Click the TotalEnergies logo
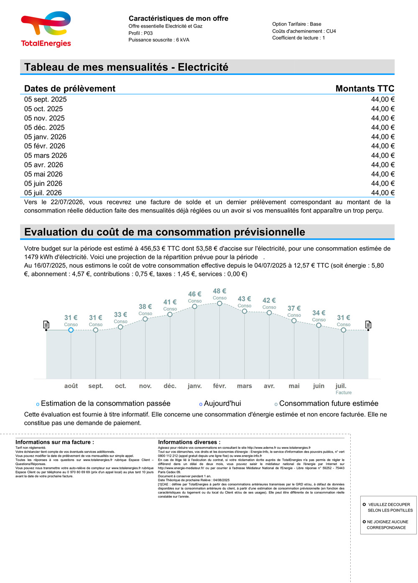coord(46,29)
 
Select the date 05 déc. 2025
coord(44,128)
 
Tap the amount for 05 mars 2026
coord(382,156)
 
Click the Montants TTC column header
coord(364,89)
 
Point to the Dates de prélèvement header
coord(70,89)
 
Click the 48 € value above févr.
coord(219,291)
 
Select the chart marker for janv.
coord(195,307)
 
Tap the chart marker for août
coord(71,330)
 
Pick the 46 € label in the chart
coord(195,294)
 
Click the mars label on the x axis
coord(245,386)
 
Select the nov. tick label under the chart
coord(145,386)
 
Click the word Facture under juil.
coord(344,393)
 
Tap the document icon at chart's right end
coord(368,325)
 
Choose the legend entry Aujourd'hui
coord(222,404)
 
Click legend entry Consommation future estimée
coord(329,404)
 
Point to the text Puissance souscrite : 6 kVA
coord(159,40)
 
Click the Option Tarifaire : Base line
coord(297,24)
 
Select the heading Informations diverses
coord(189,442)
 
